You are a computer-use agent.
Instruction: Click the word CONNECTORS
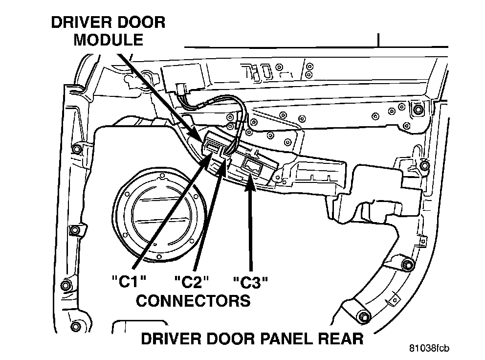[193, 300]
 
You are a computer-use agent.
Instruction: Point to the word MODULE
[108, 40]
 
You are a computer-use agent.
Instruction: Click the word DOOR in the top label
[141, 22]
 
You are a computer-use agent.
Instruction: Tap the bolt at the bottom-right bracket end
[362, 316]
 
